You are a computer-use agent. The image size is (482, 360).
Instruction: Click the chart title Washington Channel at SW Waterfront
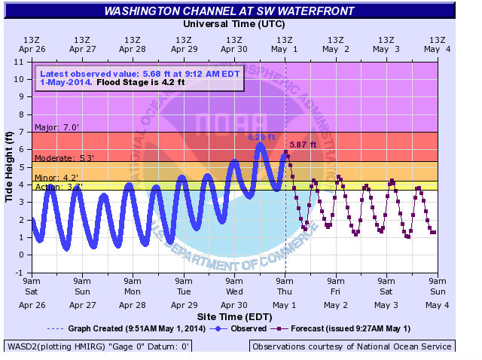click(233, 11)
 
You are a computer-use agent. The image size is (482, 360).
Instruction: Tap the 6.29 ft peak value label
click(262, 137)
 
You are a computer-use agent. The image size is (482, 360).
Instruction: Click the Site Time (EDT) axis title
click(233, 317)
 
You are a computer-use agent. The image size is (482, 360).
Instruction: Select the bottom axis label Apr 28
click(133, 305)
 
